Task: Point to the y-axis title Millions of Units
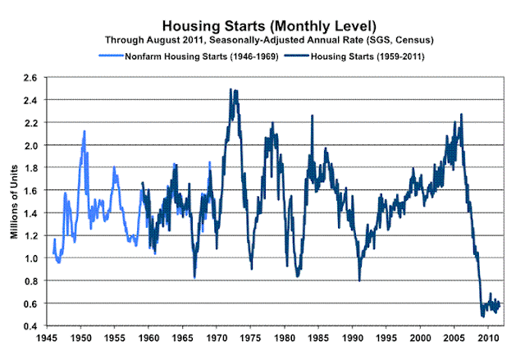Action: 14,202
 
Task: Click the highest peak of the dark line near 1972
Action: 231,89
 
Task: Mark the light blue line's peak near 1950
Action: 84,131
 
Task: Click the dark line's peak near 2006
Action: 462,115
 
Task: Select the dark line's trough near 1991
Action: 359,280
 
